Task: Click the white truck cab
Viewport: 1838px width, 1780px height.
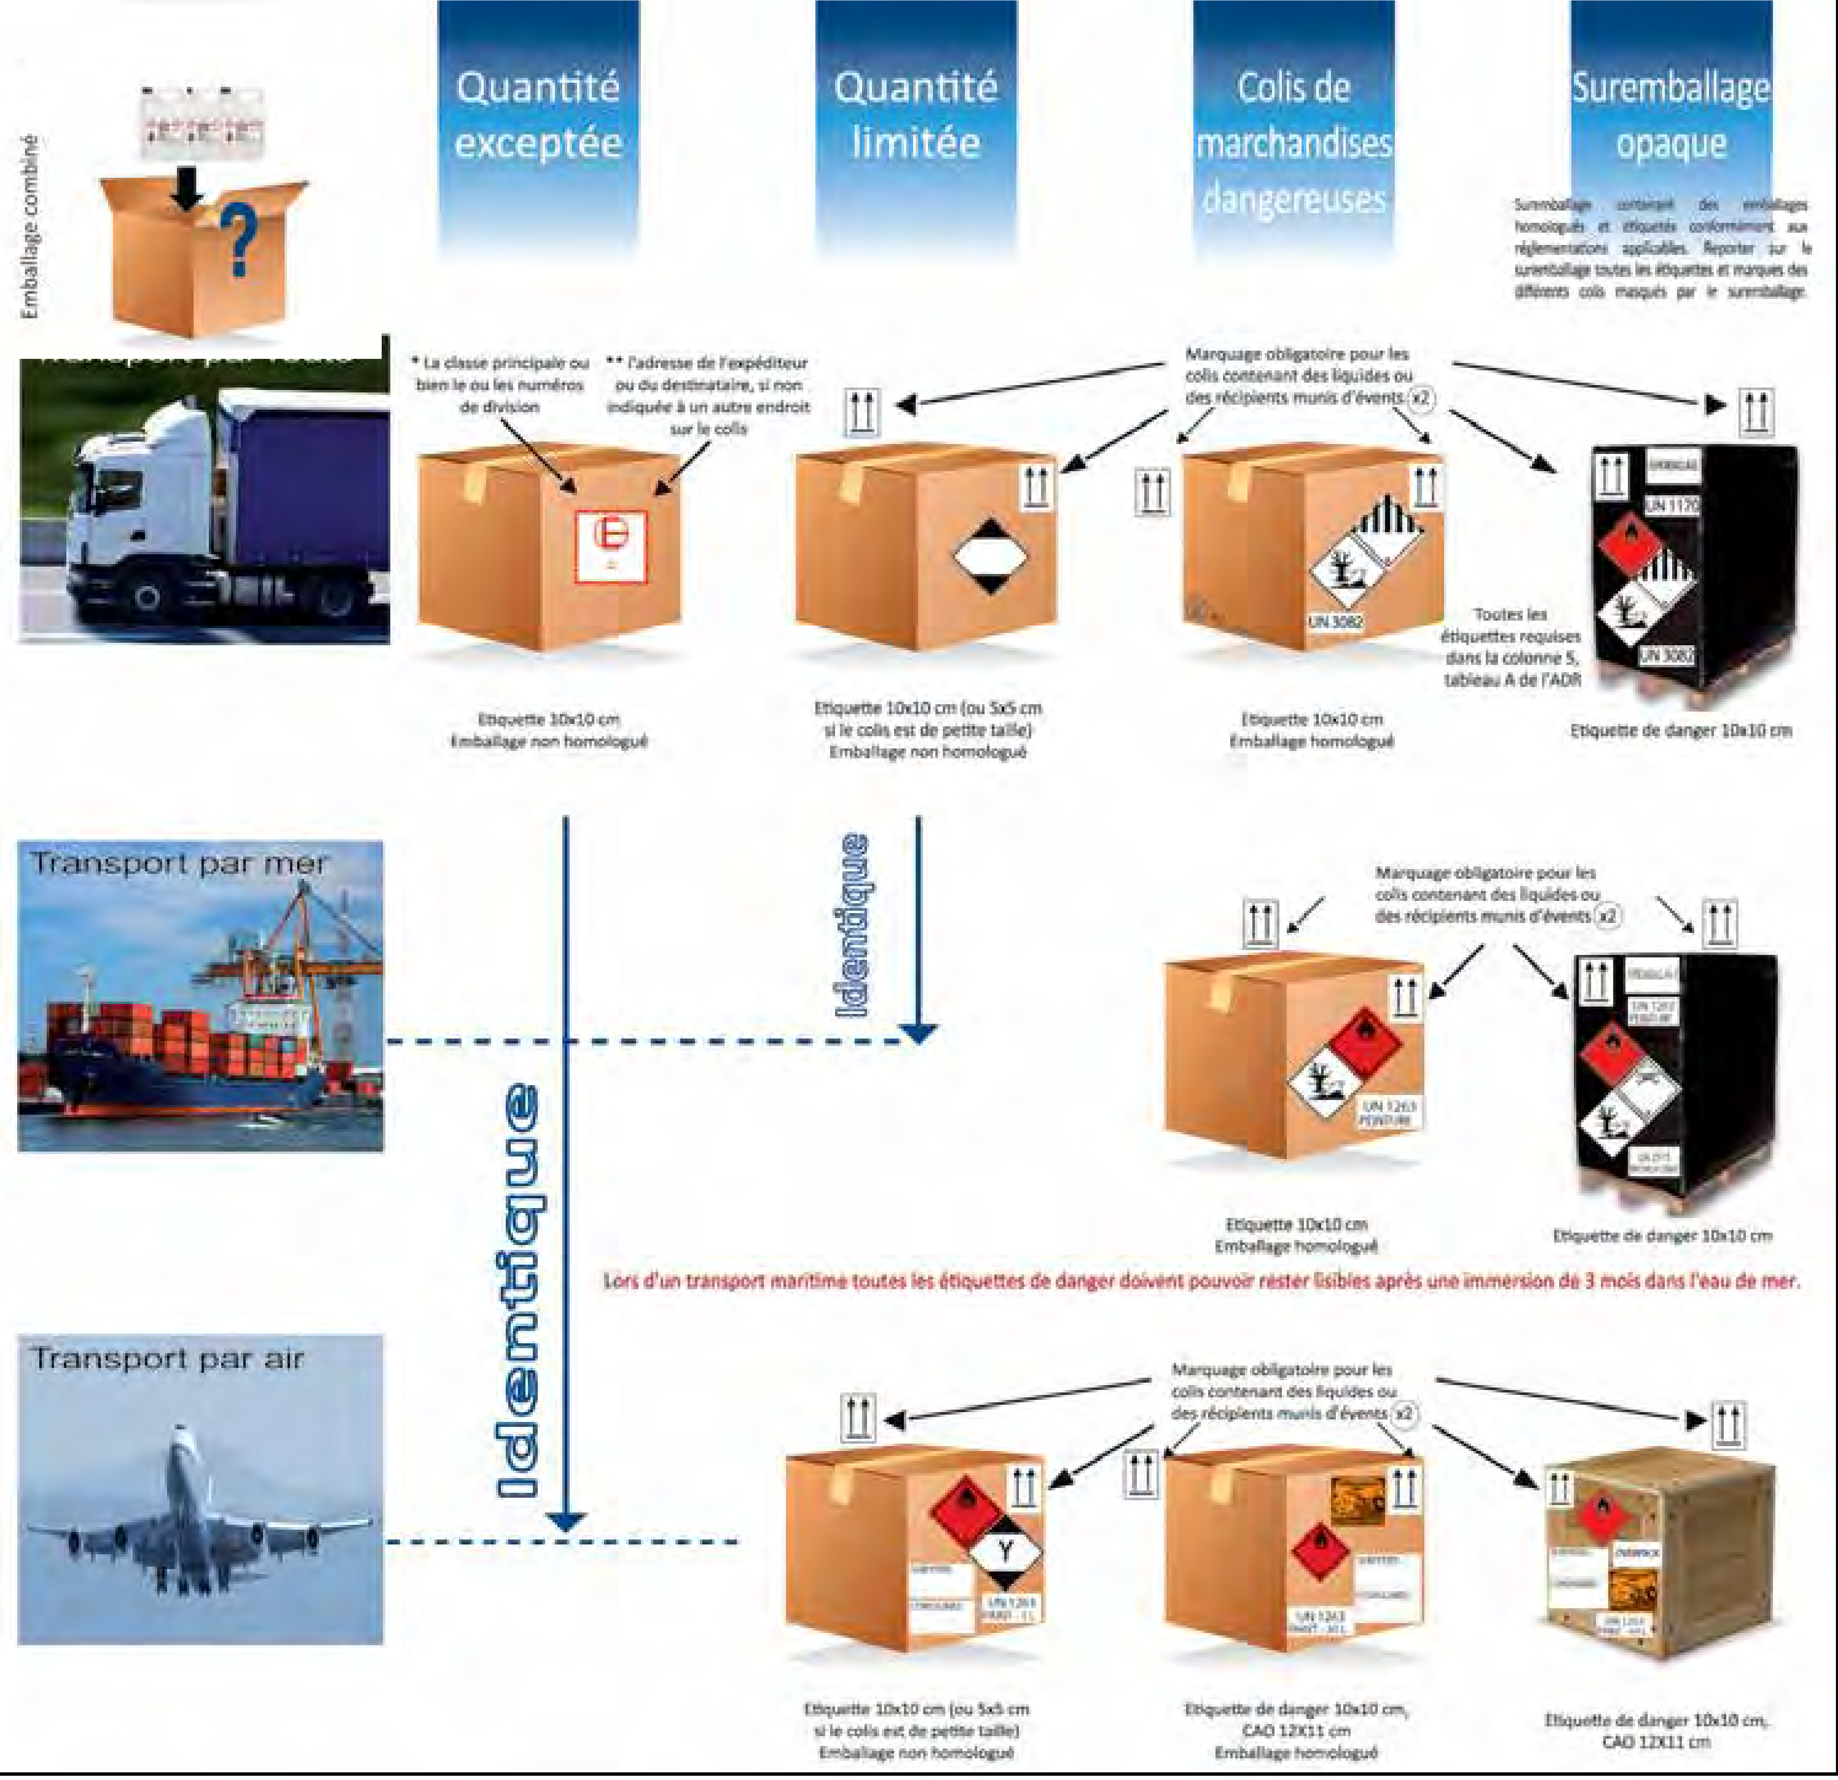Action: pyautogui.click(x=131, y=506)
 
